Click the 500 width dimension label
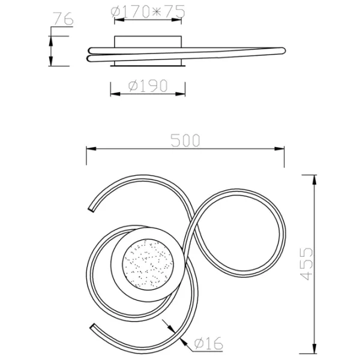185,140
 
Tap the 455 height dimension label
307,264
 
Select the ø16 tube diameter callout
208,343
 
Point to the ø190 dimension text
148,86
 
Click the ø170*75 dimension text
148,11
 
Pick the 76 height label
63,19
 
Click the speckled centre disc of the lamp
148,264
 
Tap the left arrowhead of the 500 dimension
91,149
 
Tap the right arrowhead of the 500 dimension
279,149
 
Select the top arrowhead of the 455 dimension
314,179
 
